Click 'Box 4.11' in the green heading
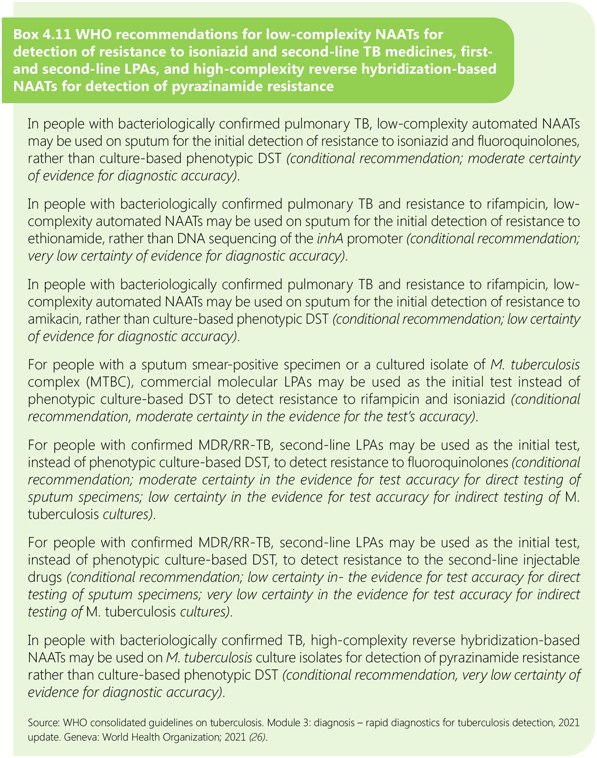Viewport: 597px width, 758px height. click(39, 34)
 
